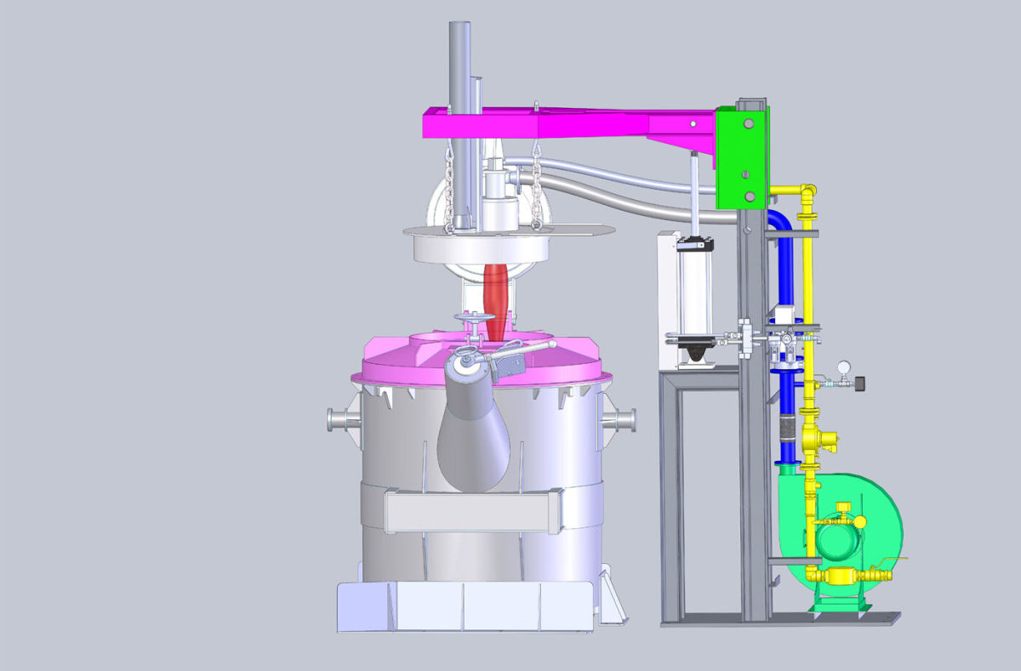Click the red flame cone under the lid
pos(495,294)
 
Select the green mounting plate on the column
pos(739,157)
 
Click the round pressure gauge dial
pos(843,366)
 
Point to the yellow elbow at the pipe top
pos(807,190)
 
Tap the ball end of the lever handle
pos(552,344)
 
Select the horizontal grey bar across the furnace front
pos(472,512)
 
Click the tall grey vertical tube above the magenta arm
pos(459,68)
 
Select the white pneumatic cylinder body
pos(693,289)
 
